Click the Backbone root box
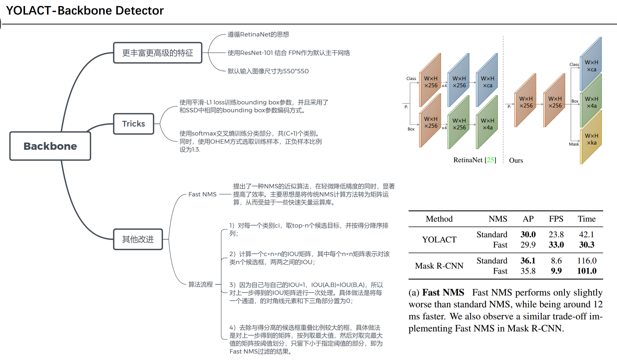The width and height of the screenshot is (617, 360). point(50,146)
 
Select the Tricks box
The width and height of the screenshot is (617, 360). point(134,124)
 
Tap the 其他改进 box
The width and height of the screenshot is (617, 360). point(138,239)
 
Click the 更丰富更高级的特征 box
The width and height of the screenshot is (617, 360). point(157,53)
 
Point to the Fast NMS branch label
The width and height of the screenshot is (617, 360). point(202,194)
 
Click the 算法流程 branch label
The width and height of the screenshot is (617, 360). point(200,284)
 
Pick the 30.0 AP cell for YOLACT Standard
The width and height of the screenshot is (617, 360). point(528,234)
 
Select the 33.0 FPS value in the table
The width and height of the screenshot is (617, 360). point(556,245)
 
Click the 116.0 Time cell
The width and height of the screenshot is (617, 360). point(586,260)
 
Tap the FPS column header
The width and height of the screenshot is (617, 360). point(556,219)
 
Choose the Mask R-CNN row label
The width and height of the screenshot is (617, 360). point(439,266)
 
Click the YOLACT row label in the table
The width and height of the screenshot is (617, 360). point(439,239)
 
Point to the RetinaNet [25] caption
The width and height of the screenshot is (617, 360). point(474,160)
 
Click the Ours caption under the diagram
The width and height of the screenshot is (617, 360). point(516,160)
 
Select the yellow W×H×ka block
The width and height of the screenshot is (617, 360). point(591,139)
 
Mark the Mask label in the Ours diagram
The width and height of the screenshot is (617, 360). point(574,144)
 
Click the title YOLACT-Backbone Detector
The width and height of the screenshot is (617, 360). point(85,11)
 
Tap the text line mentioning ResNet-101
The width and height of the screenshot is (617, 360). point(289,53)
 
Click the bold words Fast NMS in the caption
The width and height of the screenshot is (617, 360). point(443,293)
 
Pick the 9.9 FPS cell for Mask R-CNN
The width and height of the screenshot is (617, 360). point(556,271)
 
